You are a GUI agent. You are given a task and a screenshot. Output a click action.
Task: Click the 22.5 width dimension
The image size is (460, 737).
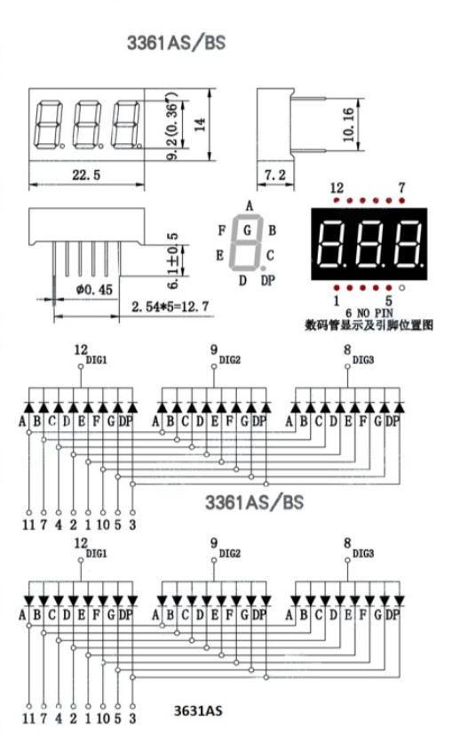pyautogui.click(x=86, y=175)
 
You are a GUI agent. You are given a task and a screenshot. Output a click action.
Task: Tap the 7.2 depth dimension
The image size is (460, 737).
pyautogui.click(x=275, y=175)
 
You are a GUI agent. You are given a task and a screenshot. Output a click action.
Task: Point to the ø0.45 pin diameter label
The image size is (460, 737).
pyautogui.click(x=92, y=289)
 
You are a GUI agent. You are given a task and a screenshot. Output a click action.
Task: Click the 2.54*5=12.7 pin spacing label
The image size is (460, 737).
pyautogui.click(x=170, y=307)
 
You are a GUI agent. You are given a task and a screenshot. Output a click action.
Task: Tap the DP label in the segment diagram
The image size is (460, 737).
pyautogui.click(x=268, y=282)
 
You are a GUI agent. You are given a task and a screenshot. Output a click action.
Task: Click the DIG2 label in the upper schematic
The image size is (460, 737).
pyautogui.click(x=230, y=360)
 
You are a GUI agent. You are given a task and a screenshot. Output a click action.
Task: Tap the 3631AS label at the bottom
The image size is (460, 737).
pyautogui.click(x=199, y=711)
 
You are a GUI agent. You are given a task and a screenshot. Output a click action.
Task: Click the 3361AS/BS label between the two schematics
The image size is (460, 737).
pyautogui.click(x=254, y=501)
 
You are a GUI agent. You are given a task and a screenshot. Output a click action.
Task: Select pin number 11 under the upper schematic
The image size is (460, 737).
pyautogui.click(x=28, y=525)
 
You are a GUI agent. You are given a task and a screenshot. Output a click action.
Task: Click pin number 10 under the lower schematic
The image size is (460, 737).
pyautogui.click(x=103, y=717)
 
